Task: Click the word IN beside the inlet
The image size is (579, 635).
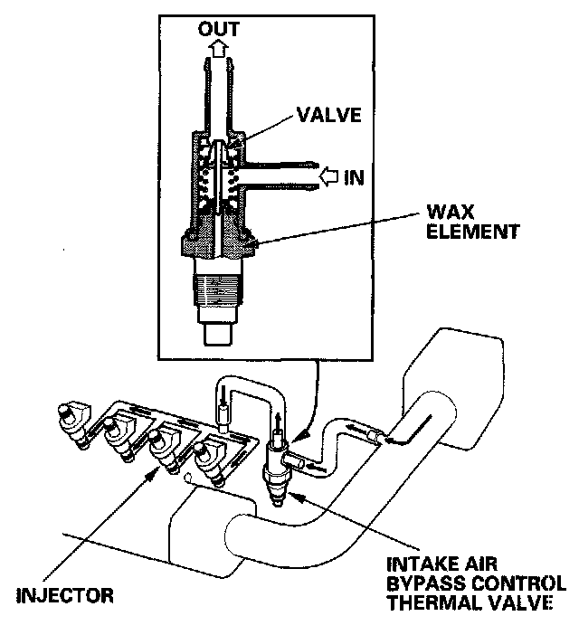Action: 354,176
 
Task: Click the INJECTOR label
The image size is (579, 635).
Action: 65,595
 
